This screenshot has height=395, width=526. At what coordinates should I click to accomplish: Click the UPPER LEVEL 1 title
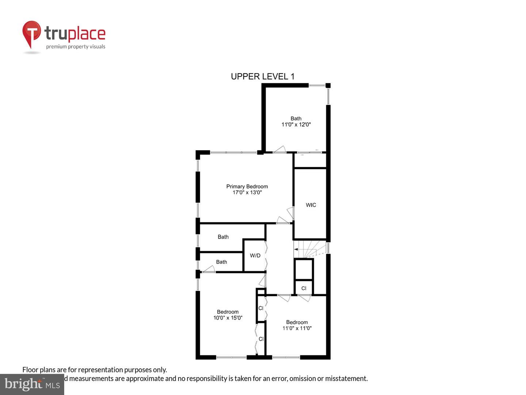262,76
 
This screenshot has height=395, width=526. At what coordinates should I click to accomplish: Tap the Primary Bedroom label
247,187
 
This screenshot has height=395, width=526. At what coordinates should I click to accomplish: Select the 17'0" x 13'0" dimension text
247,192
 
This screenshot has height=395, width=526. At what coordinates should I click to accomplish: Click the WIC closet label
311,205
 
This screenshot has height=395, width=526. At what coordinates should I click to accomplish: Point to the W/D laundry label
255,255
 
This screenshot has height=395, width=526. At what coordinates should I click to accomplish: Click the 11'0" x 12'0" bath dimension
296,124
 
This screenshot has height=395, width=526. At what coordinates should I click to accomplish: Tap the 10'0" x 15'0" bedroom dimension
228,318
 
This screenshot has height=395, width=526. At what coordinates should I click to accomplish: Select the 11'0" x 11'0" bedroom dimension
297,328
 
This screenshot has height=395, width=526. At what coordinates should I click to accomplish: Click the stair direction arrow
296,249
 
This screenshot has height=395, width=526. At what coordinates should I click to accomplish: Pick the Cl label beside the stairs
304,288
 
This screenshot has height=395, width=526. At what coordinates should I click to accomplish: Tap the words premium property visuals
76,46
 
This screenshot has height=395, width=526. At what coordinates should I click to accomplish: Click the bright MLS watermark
32,384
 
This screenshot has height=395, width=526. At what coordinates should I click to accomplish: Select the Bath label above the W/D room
223,237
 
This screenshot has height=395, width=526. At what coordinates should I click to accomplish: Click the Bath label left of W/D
221,262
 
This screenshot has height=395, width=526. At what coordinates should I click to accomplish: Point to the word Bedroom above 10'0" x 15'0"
228,312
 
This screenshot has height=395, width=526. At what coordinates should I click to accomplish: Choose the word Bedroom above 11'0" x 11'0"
297,322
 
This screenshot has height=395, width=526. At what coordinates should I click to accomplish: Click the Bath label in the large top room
296,118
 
